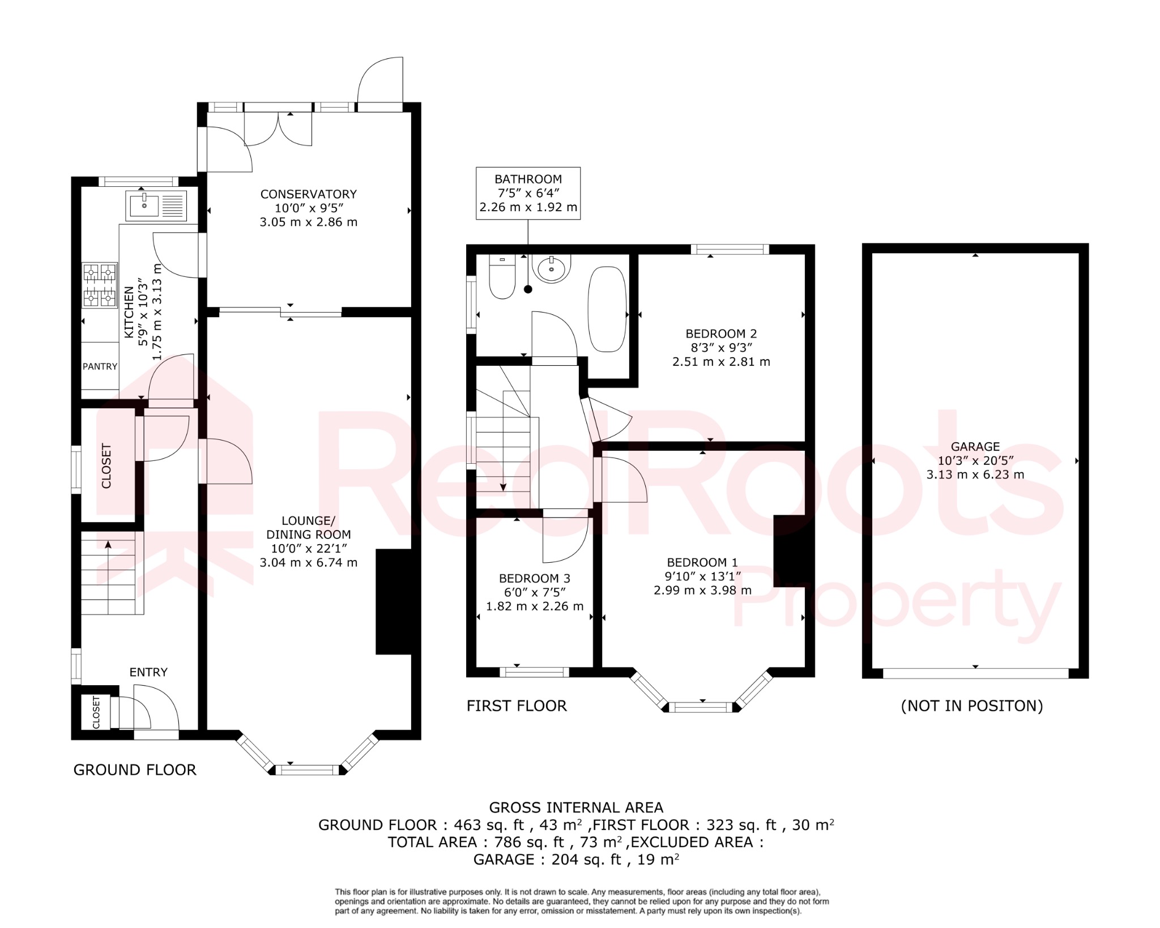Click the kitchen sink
tap(156, 205)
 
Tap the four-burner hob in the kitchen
tap(100, 285)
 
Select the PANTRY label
tap(100, 366)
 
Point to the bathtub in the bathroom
tap(607, 309)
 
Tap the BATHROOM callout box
tap(528, 193)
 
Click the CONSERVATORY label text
tap(308, 194)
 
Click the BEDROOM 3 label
tap(534, 578)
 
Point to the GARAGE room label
tap(975, 447)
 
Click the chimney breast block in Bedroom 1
tap(789, 550)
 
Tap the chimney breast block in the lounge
tap(393, 602)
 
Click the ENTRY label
tap(148, 672)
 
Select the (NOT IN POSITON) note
tap(971, 705)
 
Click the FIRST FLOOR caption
tap(517, 705)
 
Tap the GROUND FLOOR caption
tap(135, 769)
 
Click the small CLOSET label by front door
tap(96, 712)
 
